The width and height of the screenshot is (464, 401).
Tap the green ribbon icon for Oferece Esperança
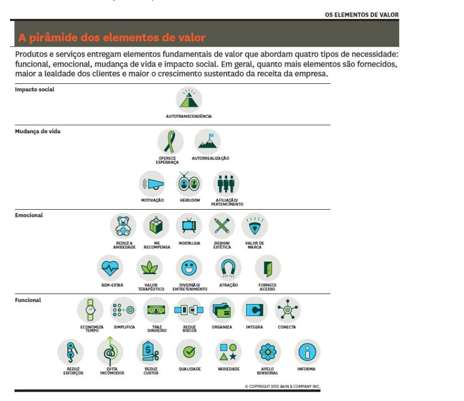[x=170, y=142]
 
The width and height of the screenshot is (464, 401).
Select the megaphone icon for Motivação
[x=152, y=184]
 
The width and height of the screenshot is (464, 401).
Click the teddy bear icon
[x=123, y=226]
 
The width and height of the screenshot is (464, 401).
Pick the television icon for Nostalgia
[x=189, y=226]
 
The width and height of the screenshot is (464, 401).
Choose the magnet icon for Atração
[x=228, y=268]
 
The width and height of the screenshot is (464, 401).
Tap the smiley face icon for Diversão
[x=189, y=268]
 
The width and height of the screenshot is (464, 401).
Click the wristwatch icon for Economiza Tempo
[x=91, y=310]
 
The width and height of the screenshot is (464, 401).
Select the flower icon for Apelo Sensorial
[x=268, y=352]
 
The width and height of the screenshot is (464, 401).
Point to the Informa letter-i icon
[x=307, y=352]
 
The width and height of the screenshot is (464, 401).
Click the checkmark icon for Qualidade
[x=189, y=352]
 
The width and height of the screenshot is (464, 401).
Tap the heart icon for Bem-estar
[x=110, y=268]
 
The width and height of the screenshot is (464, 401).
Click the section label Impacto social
[x=35, y=90]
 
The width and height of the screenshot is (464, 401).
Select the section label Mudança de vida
[x=38, y=132]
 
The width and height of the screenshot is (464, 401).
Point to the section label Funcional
[x=28, y=300]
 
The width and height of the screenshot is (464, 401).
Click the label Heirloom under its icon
[x=190, y=201]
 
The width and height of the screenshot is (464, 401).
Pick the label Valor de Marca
[x=255, y=245]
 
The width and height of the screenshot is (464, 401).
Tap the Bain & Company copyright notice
[x=282, y=387]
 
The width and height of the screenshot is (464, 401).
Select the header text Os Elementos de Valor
[x=361, y=15]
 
